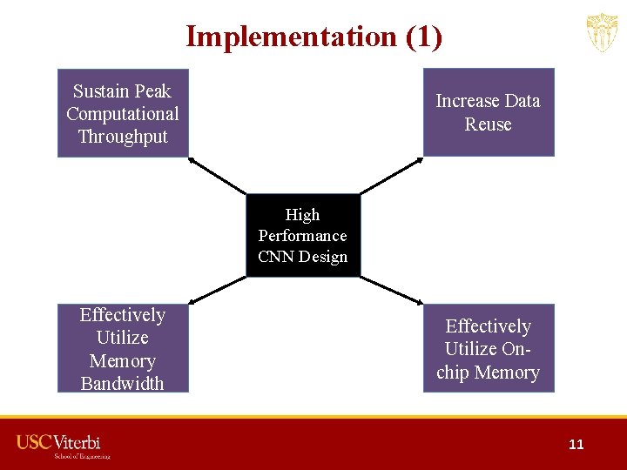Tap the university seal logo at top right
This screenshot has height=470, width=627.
602,34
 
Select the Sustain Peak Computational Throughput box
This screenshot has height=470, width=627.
123,113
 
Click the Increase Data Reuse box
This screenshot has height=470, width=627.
488,112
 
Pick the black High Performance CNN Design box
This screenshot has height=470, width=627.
302,235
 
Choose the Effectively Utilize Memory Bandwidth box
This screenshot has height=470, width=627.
123,348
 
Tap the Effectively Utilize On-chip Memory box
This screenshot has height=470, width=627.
488,348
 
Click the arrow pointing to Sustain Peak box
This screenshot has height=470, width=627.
217,175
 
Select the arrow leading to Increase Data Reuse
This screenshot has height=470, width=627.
391,175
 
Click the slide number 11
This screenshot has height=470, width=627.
576,444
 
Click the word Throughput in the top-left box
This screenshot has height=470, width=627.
123,137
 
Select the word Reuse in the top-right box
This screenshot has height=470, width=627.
488,124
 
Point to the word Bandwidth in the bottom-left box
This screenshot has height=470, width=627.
123,383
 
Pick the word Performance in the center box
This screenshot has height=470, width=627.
302,236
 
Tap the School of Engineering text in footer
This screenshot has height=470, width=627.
83,455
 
